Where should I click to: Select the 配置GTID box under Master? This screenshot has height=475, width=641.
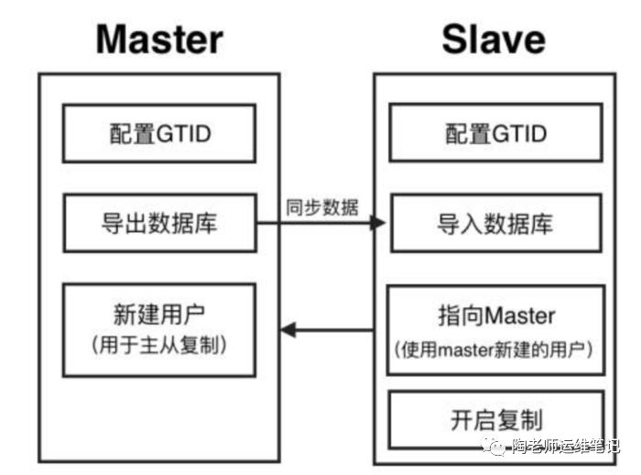tap(159, 134)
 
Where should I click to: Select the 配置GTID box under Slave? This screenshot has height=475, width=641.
tap(496, 134)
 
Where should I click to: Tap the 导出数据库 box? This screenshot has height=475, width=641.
tap(159, 223)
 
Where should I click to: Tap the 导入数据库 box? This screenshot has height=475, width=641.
tap(496, 223)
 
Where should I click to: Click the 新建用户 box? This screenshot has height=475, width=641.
tap(159, 328)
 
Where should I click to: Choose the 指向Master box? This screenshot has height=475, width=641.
tap(496, 330)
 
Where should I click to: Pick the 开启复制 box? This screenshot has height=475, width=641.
tap(496, 420)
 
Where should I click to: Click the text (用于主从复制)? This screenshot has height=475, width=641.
tap(159, 346)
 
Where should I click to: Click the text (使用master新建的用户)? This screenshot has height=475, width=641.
tap(496, 349)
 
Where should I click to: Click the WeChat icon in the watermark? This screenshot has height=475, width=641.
tap(495, 446)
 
